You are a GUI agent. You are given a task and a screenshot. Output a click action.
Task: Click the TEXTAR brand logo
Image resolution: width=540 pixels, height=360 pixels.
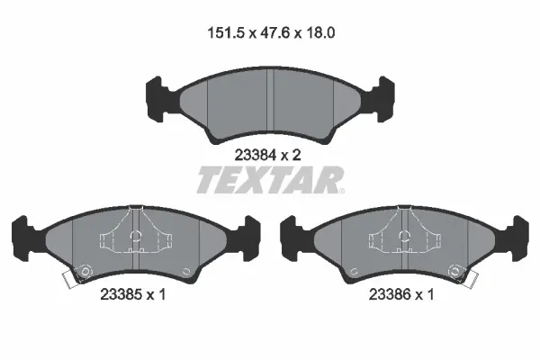(270, 180)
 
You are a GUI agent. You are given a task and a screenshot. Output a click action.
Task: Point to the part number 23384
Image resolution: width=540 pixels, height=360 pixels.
(255, 154)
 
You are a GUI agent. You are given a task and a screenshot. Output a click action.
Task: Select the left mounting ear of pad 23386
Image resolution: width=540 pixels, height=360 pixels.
(290, 236)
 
